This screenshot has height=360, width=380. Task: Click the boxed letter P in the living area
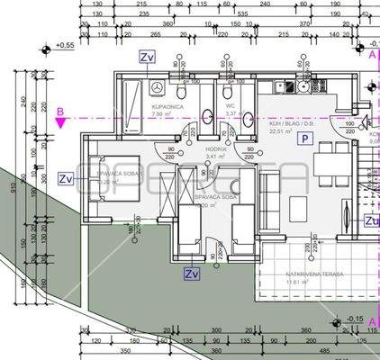[x=306, y=139]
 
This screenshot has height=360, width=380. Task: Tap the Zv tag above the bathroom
[x=147, y=56]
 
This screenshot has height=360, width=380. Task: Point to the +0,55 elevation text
[x=65, y=44]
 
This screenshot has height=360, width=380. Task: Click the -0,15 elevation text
[x=356, y=319]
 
